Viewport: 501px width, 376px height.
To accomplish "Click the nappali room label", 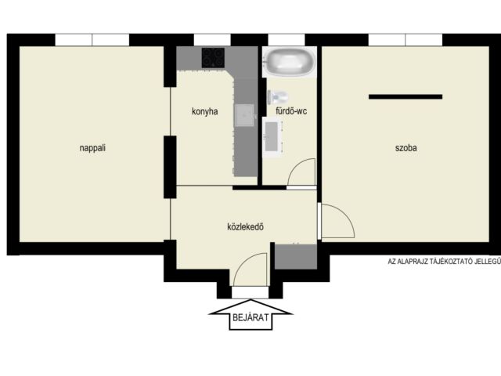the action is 92,148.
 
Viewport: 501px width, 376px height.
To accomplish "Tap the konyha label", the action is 205,111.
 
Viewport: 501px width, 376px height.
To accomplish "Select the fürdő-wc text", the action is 291,111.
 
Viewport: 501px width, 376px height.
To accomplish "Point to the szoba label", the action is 405,148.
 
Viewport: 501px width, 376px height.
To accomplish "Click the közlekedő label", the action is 245,226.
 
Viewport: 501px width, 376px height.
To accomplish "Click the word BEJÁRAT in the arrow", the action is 250,317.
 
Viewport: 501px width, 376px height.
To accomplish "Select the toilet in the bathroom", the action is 277,97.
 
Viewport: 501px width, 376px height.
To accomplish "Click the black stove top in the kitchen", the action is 213,57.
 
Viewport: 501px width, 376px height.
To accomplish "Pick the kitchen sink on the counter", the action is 245,115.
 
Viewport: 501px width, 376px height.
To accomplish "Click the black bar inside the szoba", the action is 405,96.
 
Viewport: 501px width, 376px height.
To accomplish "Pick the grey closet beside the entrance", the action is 296,257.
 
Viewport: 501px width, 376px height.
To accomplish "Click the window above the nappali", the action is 92,40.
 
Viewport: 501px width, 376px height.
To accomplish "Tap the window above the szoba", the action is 405,40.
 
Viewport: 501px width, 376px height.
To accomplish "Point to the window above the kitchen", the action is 212,40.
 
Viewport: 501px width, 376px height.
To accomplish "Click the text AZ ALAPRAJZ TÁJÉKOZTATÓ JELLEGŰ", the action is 444,261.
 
